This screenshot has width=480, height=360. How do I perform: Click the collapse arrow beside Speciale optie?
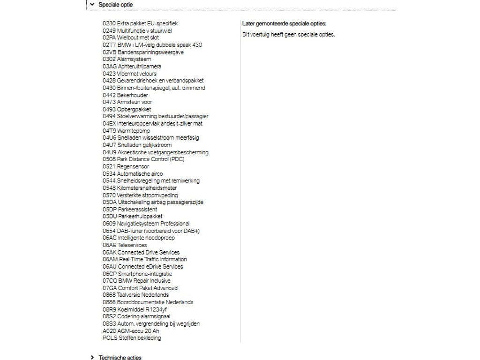pos(92,5)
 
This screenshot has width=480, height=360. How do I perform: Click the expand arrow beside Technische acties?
pos(92,358)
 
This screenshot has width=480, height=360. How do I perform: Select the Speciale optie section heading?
pos(115,5)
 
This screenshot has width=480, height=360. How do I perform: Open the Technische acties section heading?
pos(120,358)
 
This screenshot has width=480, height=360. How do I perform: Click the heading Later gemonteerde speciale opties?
pos(284,23)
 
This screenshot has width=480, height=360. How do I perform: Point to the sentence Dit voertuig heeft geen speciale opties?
pos(288,34)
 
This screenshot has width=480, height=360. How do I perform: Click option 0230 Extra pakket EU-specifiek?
pos(140,23)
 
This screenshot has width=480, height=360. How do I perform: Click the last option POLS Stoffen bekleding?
pos(132,338)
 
